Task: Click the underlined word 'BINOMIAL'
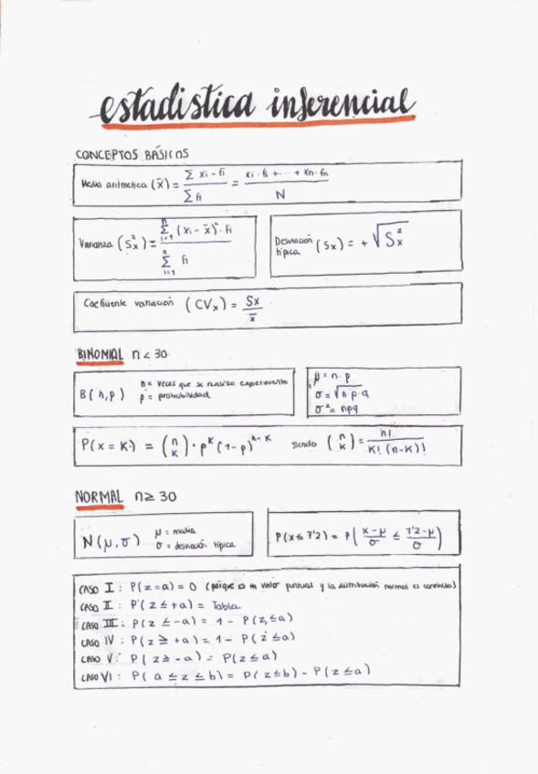click(x=100, y=354)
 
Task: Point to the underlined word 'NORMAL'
click(x=99, y=497)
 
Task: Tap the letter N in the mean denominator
click(x=280, y=194)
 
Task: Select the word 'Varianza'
click(x=96, y=244)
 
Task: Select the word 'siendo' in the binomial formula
click(x=304, y=446)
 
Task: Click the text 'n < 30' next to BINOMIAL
click(x=149, y=354)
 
